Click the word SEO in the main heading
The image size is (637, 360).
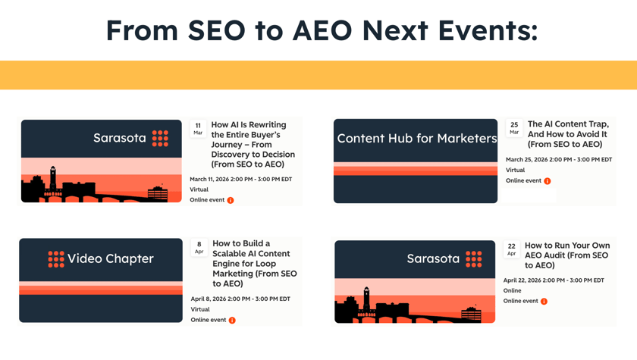click(217, 30)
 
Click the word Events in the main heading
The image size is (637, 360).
click(488, 30)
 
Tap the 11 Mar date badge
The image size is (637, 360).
click(198, 129)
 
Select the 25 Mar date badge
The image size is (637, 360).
click(514, 128)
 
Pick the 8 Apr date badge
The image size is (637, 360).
click(199, 247)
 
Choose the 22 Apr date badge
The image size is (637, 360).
click(511, 249)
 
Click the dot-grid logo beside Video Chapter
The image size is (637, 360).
click(56, 259)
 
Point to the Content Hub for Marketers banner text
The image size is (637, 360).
click(417, 139)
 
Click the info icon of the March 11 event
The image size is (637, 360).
click(231, 200)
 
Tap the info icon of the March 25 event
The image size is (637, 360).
click(548, 181)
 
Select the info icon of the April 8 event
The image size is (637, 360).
click(232, 321)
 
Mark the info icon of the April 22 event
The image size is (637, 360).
click(544, 301)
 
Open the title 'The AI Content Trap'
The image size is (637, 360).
click(568, 134)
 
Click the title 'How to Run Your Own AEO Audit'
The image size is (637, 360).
click(567, 255)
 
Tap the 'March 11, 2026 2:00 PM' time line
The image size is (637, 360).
click(241, 179)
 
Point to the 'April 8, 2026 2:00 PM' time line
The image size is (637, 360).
click(240, 299)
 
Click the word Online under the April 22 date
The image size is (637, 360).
click(513, 290)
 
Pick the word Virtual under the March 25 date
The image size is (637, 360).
click(515, 170)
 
